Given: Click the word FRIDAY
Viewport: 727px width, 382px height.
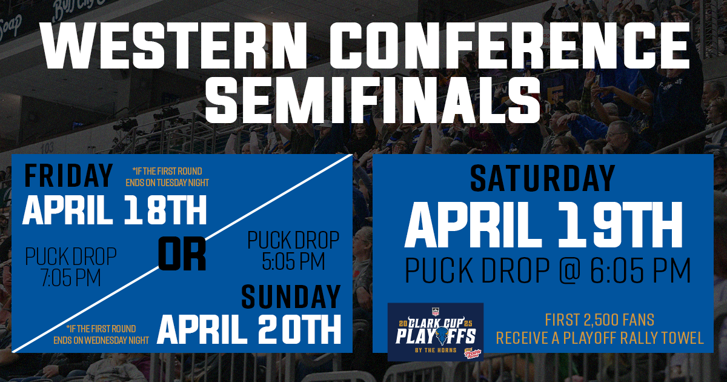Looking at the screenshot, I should (x=68, y=176).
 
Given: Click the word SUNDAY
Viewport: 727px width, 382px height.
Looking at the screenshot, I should (x=291, y=297).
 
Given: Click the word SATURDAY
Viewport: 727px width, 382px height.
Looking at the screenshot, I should (x=542, y=178).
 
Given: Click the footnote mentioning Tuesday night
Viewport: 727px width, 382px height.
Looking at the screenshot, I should (x=167, y=176).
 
